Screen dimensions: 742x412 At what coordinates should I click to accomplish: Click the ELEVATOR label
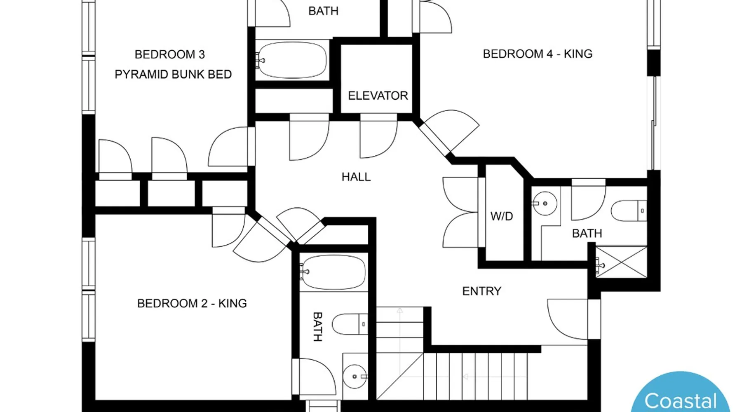[378, 96]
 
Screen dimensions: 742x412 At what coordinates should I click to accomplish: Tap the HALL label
[356, 177]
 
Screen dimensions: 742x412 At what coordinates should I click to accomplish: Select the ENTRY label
[481, 291]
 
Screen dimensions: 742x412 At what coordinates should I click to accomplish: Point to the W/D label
[502, 216]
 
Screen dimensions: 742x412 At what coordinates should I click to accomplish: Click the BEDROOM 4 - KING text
[538, 54]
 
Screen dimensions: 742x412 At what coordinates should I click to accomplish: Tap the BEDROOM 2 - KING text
[192, 304]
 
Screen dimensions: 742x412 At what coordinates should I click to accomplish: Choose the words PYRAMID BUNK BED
[173, 75]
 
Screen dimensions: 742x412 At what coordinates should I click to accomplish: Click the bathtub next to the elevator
[292, 60]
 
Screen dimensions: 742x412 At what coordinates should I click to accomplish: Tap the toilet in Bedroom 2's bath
[350, 324]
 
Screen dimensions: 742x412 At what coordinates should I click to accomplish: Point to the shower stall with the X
[621, 262]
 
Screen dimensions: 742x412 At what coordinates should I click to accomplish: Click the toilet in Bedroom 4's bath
[629, 211]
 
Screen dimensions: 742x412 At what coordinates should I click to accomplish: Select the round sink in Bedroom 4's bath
[545, 204]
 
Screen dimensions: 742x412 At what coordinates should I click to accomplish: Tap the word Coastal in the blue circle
[681, 401]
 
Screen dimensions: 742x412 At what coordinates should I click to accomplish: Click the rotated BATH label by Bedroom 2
[317, 327]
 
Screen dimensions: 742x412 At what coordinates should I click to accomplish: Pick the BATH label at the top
[324, 11]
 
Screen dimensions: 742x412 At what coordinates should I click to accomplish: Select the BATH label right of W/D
[587, 234]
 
